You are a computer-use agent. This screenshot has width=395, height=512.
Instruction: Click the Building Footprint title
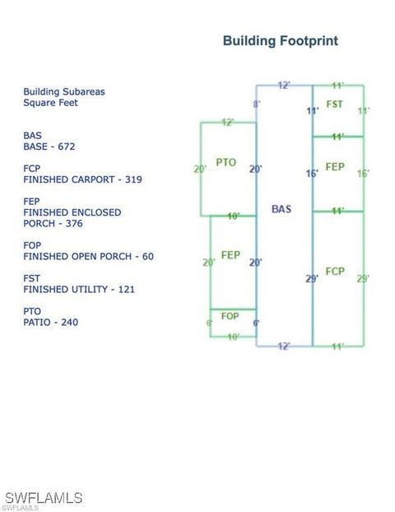click(x=281, y=41)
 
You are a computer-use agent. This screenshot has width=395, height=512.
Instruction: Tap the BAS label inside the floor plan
click(x=281, y=209)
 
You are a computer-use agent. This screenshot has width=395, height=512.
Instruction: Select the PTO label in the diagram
click(x=226, y=162)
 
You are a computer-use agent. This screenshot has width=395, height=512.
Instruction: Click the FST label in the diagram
click(x=335, y=105)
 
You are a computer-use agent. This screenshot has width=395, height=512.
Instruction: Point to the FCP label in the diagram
click(x=335, y=272)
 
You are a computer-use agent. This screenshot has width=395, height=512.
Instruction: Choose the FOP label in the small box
click(x=230, y=316)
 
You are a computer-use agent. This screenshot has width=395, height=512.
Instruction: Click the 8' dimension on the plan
click(x=257, y=105)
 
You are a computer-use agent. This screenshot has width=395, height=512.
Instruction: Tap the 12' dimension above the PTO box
click(x=228, y=123)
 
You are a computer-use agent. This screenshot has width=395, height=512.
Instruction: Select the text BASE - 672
click(x=49, y=147)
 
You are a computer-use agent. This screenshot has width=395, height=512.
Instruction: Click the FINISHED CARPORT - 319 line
click(x=82, y=179)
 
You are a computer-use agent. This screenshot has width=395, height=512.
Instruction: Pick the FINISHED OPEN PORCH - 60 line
click(x=89, y=256)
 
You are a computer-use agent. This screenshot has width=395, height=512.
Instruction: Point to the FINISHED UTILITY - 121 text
click(x=79, y=289)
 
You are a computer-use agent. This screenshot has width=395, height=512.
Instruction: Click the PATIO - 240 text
click(x=50, y=323)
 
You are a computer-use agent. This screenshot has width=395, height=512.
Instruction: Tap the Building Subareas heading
click(x=64, y=91)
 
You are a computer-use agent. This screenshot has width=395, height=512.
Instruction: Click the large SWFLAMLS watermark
click(x=44, y=498)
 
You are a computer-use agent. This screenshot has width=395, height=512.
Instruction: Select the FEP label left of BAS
click(x=230, y=255)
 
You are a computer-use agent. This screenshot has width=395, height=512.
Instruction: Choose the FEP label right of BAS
click(x=335, y=167)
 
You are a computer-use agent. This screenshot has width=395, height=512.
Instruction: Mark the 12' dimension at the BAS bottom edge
click(x=284, y=346)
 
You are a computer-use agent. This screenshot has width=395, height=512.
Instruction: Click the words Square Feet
click(x=50, y=103)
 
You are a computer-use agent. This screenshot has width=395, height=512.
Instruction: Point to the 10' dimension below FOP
click(x=234, y=337)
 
